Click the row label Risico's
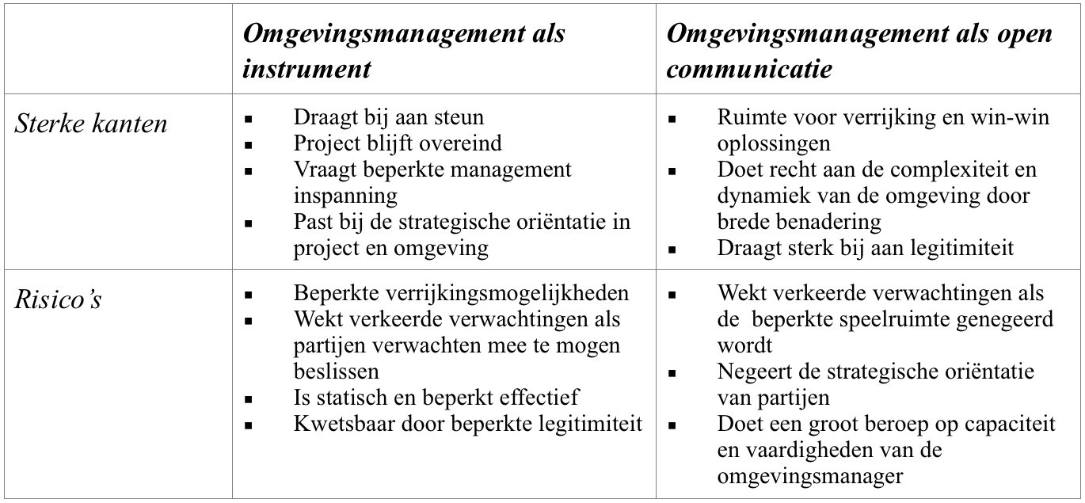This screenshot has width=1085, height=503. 59,300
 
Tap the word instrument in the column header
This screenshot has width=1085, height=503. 306,69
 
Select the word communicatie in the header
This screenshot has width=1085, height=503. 749,69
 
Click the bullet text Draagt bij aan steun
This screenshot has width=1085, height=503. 388,118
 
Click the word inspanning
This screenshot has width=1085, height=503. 345,195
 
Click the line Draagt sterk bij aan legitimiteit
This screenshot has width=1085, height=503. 866,247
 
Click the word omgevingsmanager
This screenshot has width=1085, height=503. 810,476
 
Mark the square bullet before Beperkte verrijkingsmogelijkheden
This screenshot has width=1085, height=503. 249,295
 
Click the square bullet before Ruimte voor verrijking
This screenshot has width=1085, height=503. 672,120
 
